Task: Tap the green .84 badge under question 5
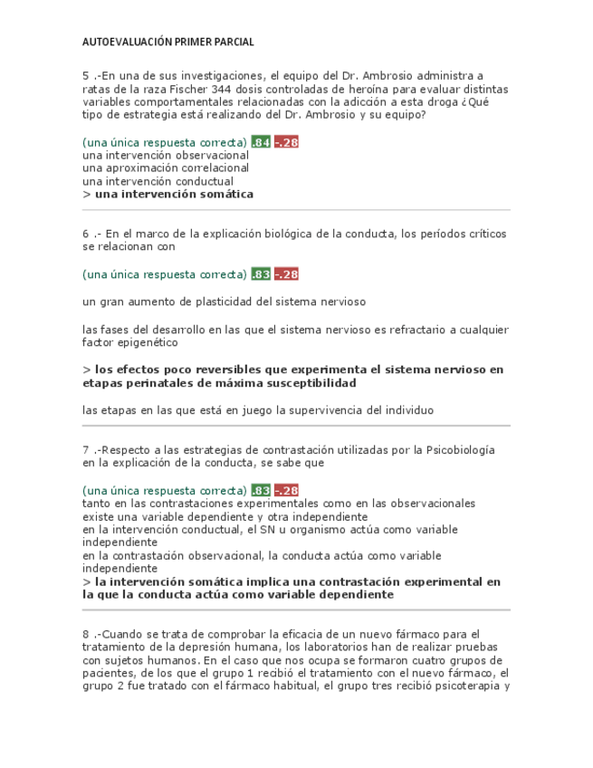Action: (261, 142)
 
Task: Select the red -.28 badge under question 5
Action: (286, 142)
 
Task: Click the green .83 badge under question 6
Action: (261, 274)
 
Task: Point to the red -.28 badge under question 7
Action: (286, 490)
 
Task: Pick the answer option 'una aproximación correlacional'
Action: (165, 168)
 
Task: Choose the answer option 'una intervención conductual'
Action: (158, 180)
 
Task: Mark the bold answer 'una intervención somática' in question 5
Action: (173, 194)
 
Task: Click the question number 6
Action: (85, 234)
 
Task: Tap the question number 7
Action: (85, 450)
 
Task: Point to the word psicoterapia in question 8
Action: (466, 686)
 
